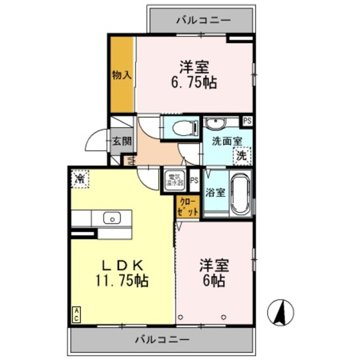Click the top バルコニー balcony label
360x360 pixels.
pyautogui.click(x=203, y=20)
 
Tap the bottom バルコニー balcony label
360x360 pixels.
pyautogui.click(x=162, y=339)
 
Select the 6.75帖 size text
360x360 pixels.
pyautogui.click(x=195, y=82)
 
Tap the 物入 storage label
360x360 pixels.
pyautogui.click(x=121, y=74)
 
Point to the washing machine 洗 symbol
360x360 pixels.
pyautogui.click(x=241, y=155)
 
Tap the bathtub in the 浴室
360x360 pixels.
pyautogui.click(x=240, y=194)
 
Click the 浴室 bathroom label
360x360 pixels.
pyautogui.click(x=216, y=192)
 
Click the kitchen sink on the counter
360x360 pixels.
pyautogui.click(x=111, y=217)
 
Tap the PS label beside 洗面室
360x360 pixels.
pyautogui.click(x=247, y=121)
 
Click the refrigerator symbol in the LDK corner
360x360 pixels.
pyautogui.click(x=80, y=179)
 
